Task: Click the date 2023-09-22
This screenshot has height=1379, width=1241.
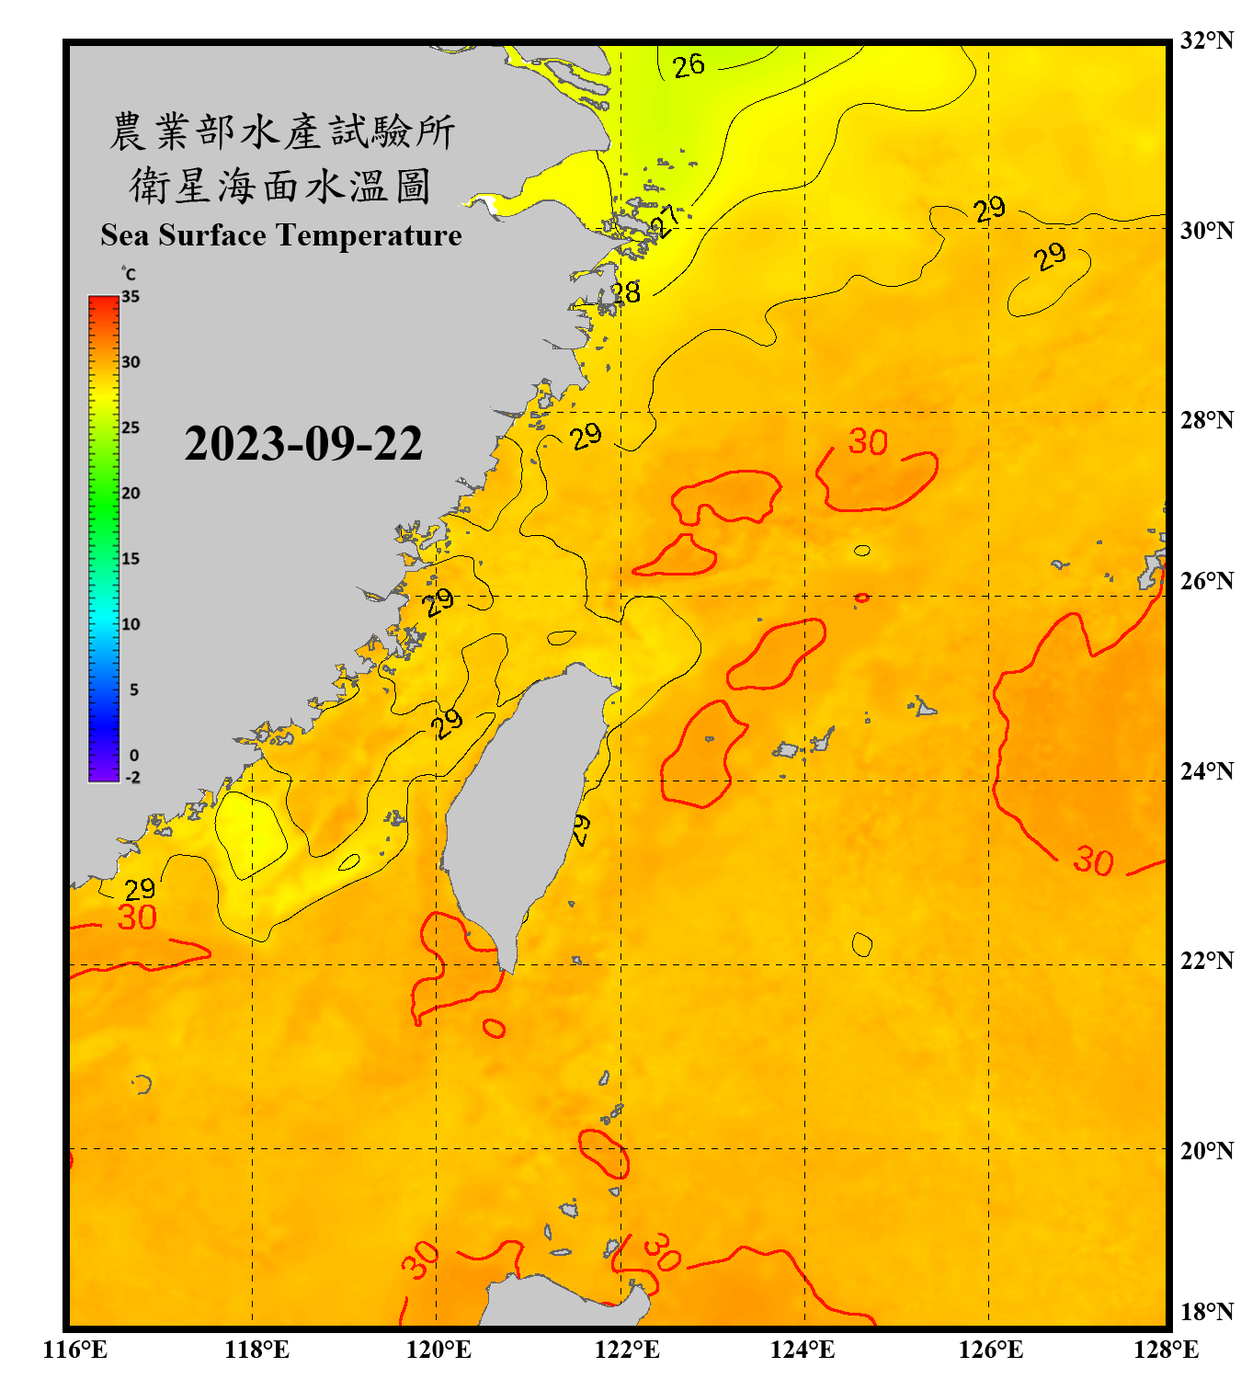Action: click(x=303, y=443)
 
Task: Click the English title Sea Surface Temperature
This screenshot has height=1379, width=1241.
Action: click(x=281, y=235)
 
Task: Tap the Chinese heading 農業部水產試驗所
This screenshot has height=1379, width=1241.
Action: click(x=281, y=131)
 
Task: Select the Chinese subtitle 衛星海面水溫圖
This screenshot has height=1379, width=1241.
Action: click(x=281, y=186)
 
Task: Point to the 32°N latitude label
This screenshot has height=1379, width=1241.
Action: click(x=1206, y=40)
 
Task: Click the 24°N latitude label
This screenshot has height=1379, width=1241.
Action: click(x=1206, y=770)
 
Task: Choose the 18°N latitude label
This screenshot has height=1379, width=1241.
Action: click(x=1206, y=1311)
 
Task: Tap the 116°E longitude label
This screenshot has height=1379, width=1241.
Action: click(x=75, y=1350)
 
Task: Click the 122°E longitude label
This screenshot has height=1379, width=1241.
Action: click(x=627, y=1350)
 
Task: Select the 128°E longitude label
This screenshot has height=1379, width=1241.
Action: click(x=1166, y=1350)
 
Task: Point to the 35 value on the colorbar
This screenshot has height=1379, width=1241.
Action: click(x=131, y=297)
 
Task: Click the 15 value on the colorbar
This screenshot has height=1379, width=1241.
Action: click(x=131, y=559)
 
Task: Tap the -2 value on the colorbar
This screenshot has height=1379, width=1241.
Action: click(x=132, y=778)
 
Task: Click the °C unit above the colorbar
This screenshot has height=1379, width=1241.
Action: click(x=129, y=274)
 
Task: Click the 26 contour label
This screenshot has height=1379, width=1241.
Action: click(x=689, y=66)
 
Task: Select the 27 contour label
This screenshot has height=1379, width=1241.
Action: click(x=666, y=222)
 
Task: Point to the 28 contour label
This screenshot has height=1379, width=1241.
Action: click(x=625, y=293)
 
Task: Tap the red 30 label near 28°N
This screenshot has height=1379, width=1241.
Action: click(x=868, y=442)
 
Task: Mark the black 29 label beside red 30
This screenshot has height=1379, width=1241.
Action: click(x=140, y=889)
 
